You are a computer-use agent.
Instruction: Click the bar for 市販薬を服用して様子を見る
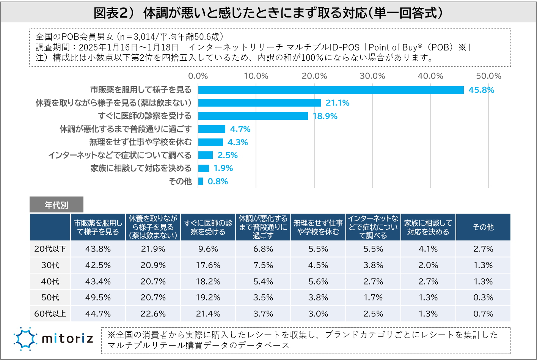pyautogui.click(x=331, y=90)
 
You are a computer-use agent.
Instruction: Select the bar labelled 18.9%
pyautogui.click(x=253, y=116)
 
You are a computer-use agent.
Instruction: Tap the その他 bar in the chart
pyautogui.click(x=201, y=181)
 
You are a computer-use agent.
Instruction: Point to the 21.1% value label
pyautogui.click(x=338, y=103)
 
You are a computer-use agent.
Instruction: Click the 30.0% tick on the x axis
pyautogui.click(x=372, y=76)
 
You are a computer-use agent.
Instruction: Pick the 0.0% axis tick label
pyautogui.click(x=198, y=76)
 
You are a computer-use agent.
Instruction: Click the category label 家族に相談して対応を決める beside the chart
pyautogui.click(x=141, y=168)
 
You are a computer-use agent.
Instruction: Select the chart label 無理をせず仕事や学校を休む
pyautogui.click(x=140, y=142)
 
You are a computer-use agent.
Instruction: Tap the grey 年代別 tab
pyautogui.click(x=57, y=205)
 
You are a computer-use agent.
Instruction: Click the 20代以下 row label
pyautogui.click(x=50, y=249)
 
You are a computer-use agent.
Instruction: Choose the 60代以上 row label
pyautogui.click(x=50, y=314)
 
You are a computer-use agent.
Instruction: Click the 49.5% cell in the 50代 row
pyautogui.click(x=98, y=298)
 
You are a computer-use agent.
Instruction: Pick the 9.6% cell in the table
pyautogui.click(x=208, y=249)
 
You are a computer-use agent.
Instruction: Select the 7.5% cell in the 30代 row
pyautogui.click(x=263, y=265)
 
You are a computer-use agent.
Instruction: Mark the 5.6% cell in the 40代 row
pyautogui.click(x=318, y=281)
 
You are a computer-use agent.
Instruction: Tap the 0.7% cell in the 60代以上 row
pyautogui.click(x=483, y=314)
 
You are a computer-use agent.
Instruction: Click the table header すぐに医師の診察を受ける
pyautogui.click(x=208, y=227)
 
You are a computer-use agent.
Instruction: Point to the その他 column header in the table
pyautogui.click(x=483, y=227)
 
